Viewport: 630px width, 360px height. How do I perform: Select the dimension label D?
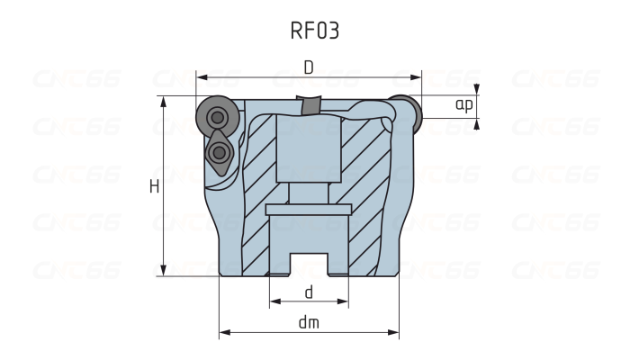(309, 67)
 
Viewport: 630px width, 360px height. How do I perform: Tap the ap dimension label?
(463, 105)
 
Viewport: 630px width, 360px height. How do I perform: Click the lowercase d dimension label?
(309, 292)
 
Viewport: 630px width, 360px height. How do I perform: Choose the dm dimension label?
(309, 322)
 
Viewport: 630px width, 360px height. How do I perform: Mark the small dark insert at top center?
(311, 106)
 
